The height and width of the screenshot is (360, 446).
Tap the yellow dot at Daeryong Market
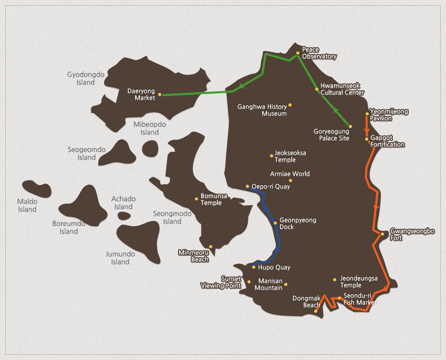pyautogui.click(x=160, y=95)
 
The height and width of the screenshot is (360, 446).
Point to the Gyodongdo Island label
pyautogui.click(x=86, y=79)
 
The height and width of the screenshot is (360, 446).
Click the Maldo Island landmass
pyautogui.click(x=36, y=188)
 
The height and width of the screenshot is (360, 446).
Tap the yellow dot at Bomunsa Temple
pyautogui.click(x=197, y=199)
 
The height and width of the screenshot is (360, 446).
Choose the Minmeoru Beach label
pyautogui.click(x=193, y=256)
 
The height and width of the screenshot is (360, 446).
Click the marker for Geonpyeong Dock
pyautogui.click(x=275, y=224)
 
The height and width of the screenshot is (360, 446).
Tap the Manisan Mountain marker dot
pyautogui.click(x=286, y=285)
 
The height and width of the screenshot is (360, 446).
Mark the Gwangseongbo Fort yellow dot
pyautogui.click(x=383, y=234)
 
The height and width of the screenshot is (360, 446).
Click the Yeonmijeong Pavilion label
pyautogui.click(x=389, y=115)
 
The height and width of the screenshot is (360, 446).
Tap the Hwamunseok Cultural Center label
pyautogui.click(x=342, y=89)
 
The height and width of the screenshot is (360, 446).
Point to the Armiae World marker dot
pyautogui.click(x=291, y=181)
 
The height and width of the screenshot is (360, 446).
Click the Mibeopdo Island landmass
pyautogui.click(x=150, y=149)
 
